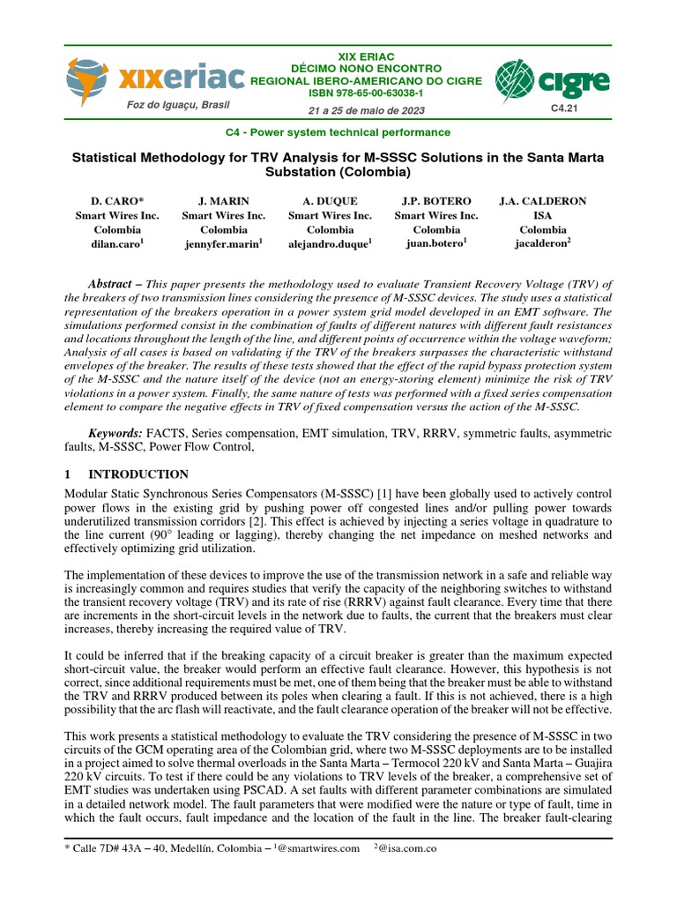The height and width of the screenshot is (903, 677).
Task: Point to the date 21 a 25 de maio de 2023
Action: click(367, 110)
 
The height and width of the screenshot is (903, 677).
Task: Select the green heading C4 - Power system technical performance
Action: click(339, 132)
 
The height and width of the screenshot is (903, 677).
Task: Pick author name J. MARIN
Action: click(223, 201)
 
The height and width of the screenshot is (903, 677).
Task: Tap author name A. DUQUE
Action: click(330, 201)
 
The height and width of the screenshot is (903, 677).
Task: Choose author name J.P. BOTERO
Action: click(435, 201)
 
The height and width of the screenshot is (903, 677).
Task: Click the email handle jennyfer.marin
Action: click(221, 244)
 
